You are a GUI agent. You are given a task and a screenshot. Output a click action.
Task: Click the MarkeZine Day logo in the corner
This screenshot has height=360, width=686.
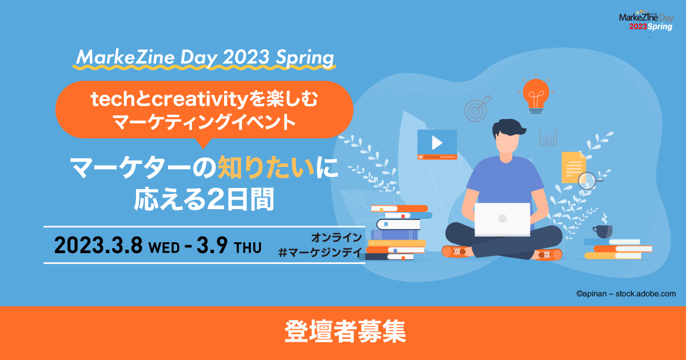click(647, 22)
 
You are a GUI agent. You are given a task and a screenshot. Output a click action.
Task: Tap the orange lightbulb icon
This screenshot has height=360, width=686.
click(536, 93)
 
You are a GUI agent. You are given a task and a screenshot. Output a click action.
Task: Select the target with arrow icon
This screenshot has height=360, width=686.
click(476, 109)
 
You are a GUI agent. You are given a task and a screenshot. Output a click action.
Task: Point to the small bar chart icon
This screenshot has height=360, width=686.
click(548, 137)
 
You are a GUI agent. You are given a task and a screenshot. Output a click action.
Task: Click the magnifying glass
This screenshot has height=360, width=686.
click(588, 181)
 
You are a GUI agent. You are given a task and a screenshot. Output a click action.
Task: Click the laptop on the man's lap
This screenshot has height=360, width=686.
click(502, 219)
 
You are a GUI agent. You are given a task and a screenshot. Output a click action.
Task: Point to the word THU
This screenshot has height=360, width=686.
click(248, 247)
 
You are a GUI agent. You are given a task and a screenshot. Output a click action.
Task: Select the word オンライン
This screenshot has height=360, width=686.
click(336, 237)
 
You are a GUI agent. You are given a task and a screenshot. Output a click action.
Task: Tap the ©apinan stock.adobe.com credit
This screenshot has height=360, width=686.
click(625, 294)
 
